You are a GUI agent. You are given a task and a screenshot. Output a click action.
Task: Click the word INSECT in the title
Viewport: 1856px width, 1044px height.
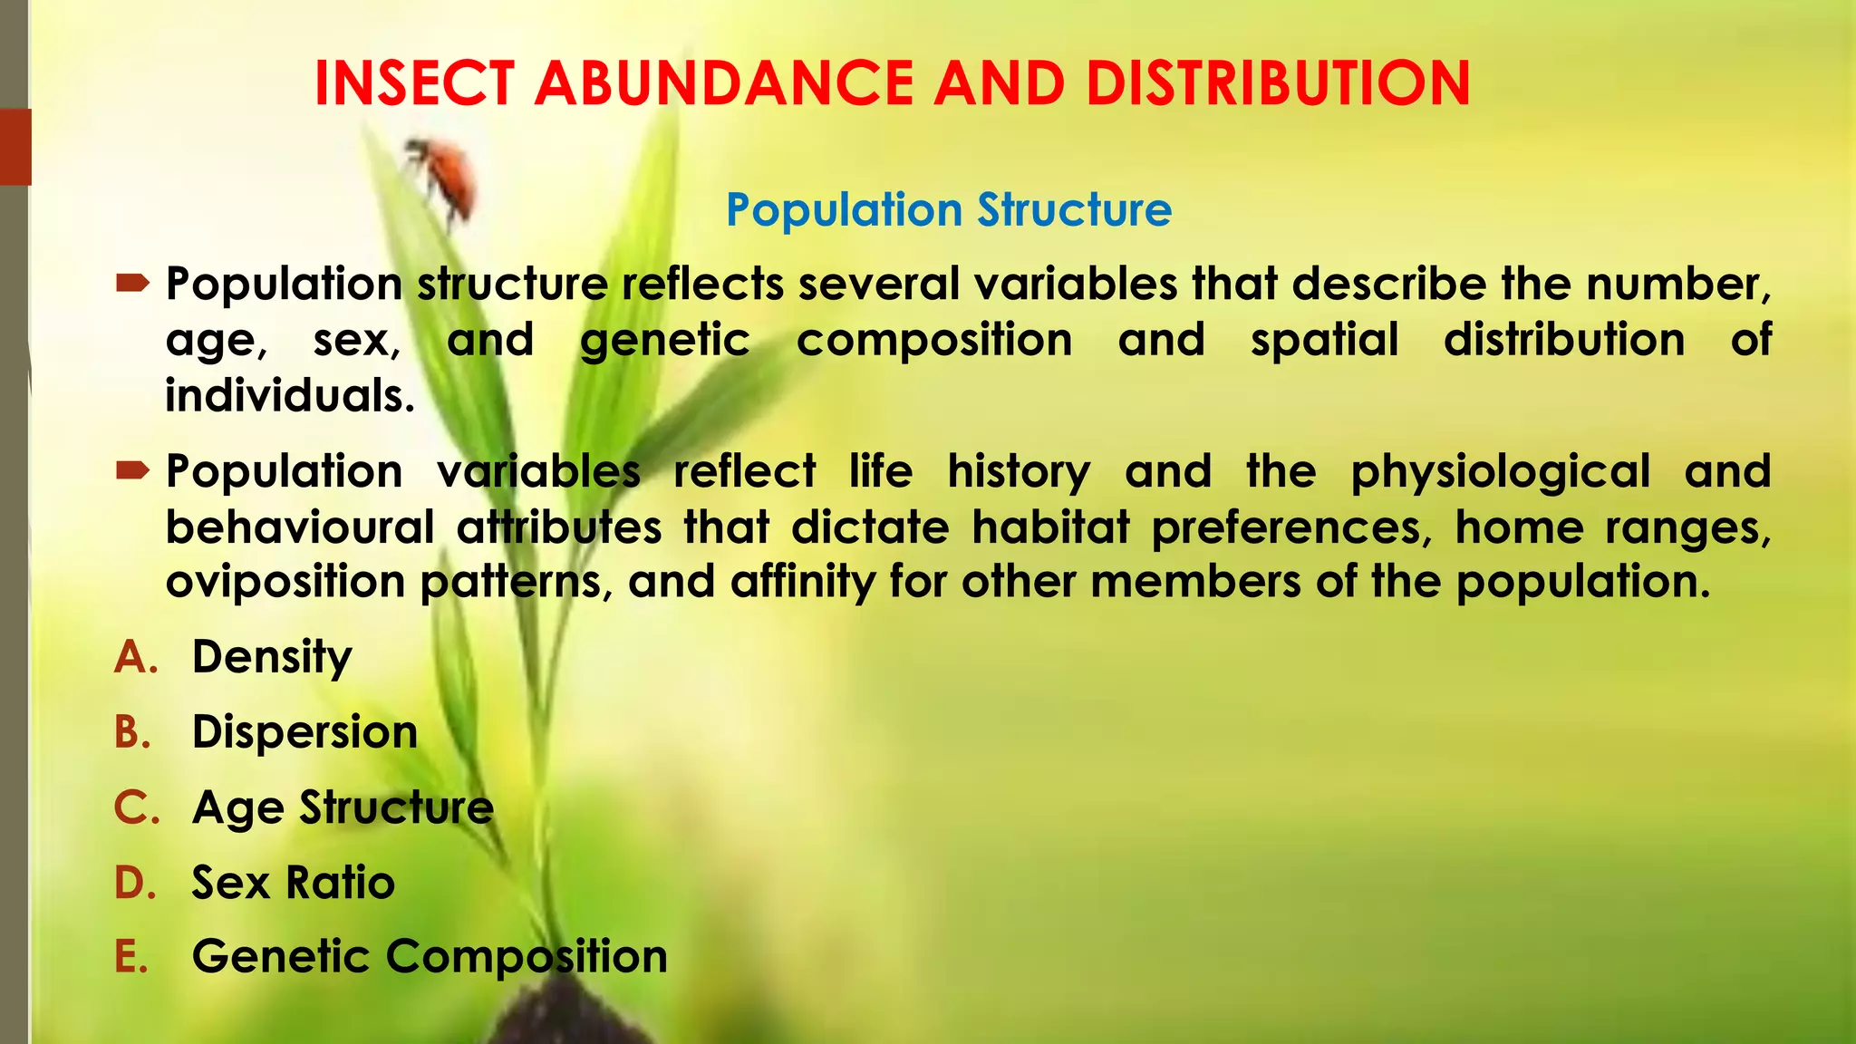tap(414, 83)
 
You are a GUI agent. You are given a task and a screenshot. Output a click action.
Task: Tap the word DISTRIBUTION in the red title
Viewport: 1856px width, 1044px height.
tap(1278, 83)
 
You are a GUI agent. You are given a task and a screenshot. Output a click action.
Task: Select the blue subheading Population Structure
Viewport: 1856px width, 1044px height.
tap(949, 210)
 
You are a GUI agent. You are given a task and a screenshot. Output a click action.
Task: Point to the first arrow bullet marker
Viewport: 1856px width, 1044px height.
tap(133, 285)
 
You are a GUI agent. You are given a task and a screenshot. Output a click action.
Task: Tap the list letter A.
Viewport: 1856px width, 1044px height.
tap(135, 657)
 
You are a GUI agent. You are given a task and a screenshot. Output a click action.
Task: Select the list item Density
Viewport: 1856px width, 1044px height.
tap(272, 657)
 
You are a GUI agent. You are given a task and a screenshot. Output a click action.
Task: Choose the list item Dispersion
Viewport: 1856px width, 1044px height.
tap(304, 732)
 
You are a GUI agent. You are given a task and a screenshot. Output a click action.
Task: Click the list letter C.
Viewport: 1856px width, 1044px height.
tap(136, 807)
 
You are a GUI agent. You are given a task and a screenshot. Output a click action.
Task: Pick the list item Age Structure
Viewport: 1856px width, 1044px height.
tap(343, 807)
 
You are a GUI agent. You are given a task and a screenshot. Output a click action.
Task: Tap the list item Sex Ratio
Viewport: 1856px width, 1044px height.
tap(294, 883)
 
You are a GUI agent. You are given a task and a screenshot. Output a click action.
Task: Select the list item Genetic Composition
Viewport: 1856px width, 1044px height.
tap(430, 957)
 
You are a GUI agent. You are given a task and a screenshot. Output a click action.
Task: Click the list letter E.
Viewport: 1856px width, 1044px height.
tap(131, 957)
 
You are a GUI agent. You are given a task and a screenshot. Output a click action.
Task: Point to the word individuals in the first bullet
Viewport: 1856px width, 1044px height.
tap(290, 396)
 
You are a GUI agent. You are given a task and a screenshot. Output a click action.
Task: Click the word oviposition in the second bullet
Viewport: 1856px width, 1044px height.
tap(285, 582)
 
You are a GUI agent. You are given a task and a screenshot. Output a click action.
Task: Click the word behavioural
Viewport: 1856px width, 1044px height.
tap(300, 527)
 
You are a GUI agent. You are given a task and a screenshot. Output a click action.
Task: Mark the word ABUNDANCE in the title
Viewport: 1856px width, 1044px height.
tap(724, 83)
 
